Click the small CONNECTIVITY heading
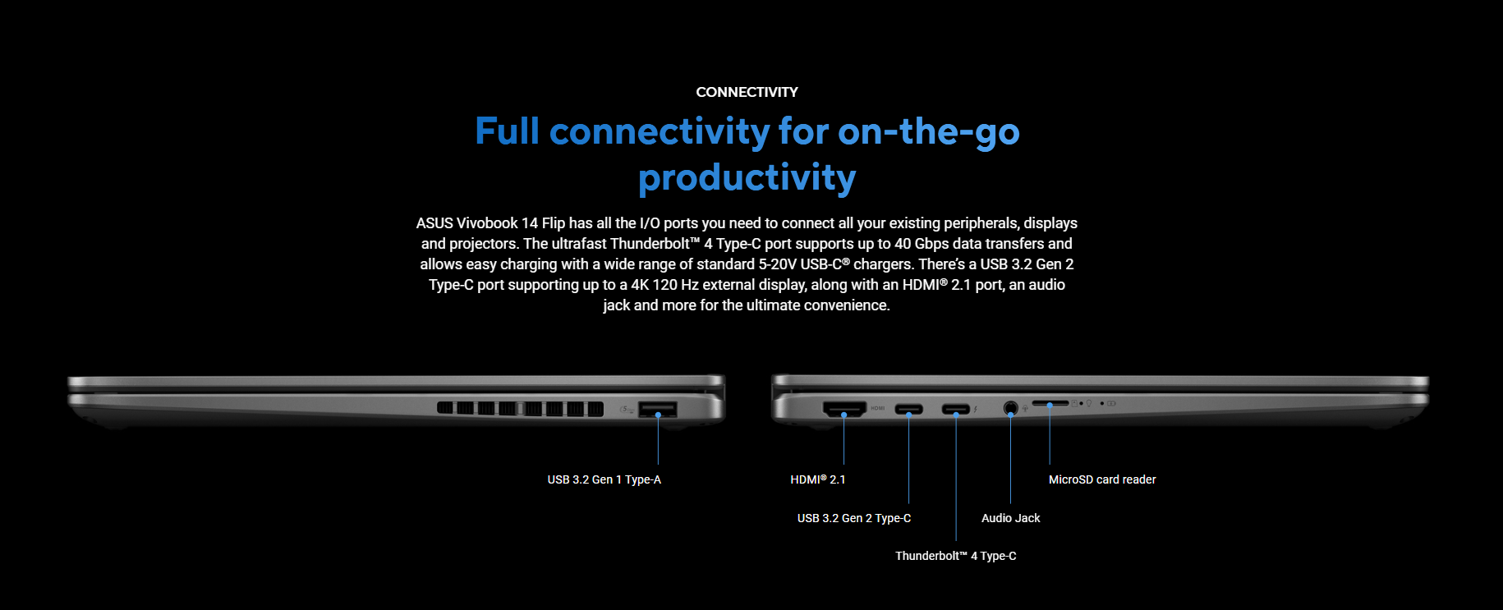[747, 92]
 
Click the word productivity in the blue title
[747, 178]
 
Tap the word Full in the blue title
[507, 131]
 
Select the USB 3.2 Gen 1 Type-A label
[604, 479]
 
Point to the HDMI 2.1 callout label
[817, 479]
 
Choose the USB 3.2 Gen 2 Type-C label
[853, 518]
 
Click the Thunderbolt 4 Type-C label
[955, 556]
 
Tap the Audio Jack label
[1010, 518]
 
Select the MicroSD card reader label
[1102, 479]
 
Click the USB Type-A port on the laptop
[658, 408]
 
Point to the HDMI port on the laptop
[844, 408]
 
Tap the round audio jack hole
[1010, 407]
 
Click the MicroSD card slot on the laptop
[1050, 404]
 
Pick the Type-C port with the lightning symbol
[955, 409]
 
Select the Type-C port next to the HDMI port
[908, 409]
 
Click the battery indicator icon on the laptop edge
[1111, 404]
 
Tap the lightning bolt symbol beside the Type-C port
[976, 409]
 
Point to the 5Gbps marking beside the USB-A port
[627, 409]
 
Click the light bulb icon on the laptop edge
[1089, 404]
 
